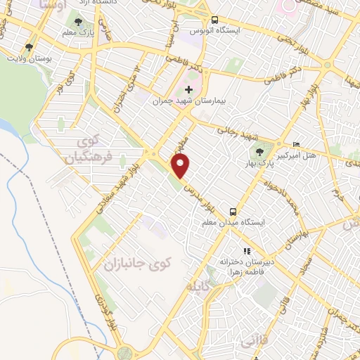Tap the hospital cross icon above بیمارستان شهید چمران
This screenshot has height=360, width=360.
click(x=188, y=89)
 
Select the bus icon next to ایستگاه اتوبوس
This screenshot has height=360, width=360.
click(x=214, y=20)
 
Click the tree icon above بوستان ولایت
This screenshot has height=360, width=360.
click(x=29, y=48)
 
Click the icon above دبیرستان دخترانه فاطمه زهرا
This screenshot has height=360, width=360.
click(x=246, y=250)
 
